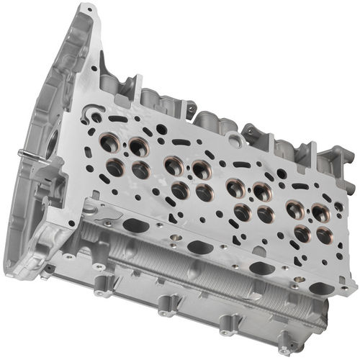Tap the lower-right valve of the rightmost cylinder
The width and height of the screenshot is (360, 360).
pyautogui.click(x=325, y=235)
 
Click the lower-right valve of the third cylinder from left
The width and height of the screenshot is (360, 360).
pyautogui.click(x=266, y=214)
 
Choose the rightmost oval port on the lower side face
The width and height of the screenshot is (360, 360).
pyautogui.click(x=322, y=288)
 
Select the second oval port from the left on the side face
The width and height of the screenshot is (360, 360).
pyautogui.click(x=200, y=247)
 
